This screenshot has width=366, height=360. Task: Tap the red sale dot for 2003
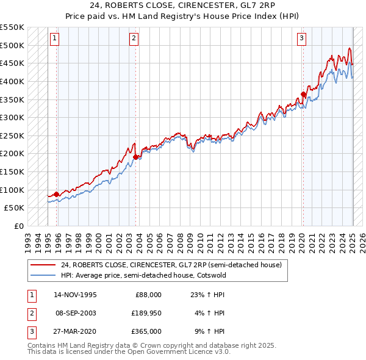tap(136, 157)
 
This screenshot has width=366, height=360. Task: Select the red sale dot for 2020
tap(303, 94)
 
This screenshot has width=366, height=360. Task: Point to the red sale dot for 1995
tap(57, 194)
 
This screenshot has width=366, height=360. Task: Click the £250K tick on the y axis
tap(12, 135)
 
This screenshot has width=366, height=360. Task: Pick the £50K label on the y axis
tap(14, 208)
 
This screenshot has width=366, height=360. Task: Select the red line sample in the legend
tap(43, 265)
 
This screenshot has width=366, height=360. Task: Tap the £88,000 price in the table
tap(148, 295)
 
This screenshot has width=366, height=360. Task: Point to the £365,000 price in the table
tap(146, 331)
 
